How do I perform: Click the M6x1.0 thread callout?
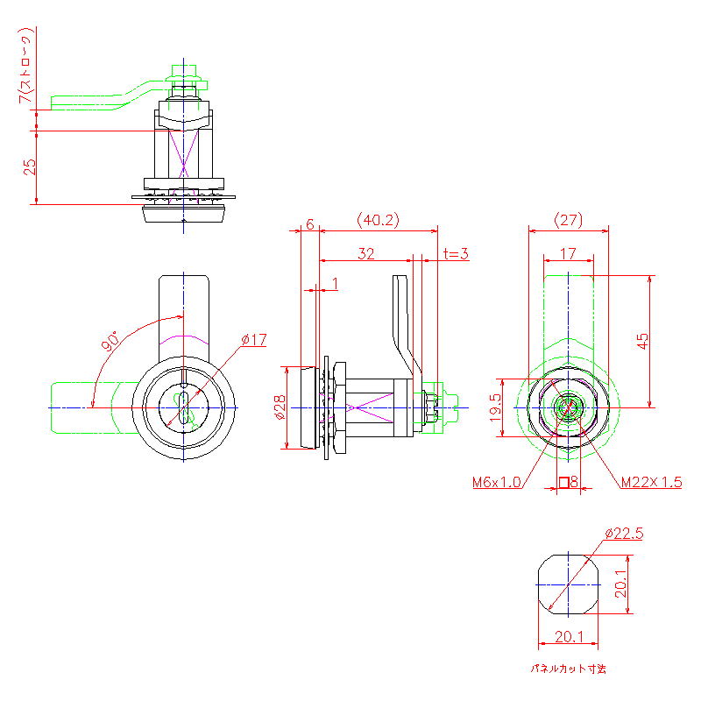coord(496,482)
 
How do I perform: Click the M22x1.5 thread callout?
coord(651,482)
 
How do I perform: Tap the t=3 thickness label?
coord(456,254)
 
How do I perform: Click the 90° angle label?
coord(110,342)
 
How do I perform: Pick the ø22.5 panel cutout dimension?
coord(625,533)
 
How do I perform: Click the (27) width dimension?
coord(569,219)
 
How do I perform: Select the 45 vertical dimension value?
coord(643,341)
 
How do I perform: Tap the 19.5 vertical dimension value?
coord(496,408)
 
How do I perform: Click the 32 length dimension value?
coord(365,254)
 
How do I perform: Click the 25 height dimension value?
coord(29,166)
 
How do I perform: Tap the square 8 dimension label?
coord(568,482)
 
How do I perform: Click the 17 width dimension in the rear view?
coord(568,254)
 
